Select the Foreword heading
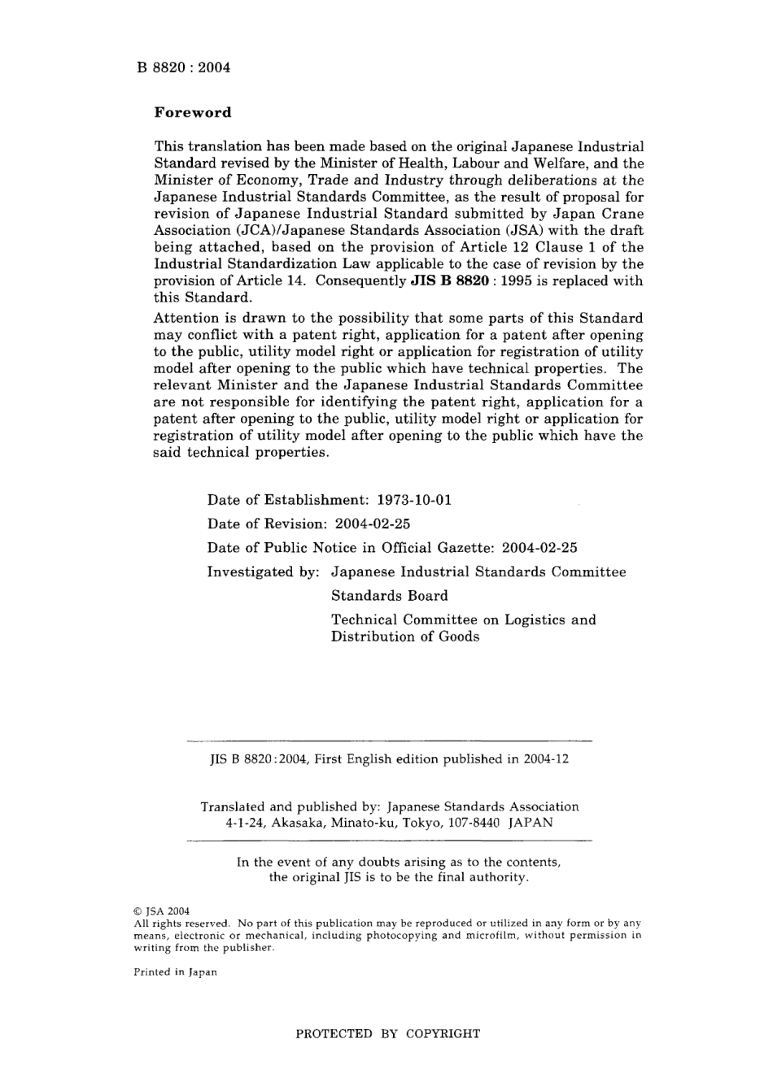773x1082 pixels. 193,113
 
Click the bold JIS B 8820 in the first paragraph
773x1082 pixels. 450,281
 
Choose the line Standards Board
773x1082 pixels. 389,596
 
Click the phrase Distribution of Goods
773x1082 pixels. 404,637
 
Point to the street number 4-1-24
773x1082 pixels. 245,823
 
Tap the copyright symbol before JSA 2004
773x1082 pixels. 138,911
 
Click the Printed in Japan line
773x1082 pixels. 175,972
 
